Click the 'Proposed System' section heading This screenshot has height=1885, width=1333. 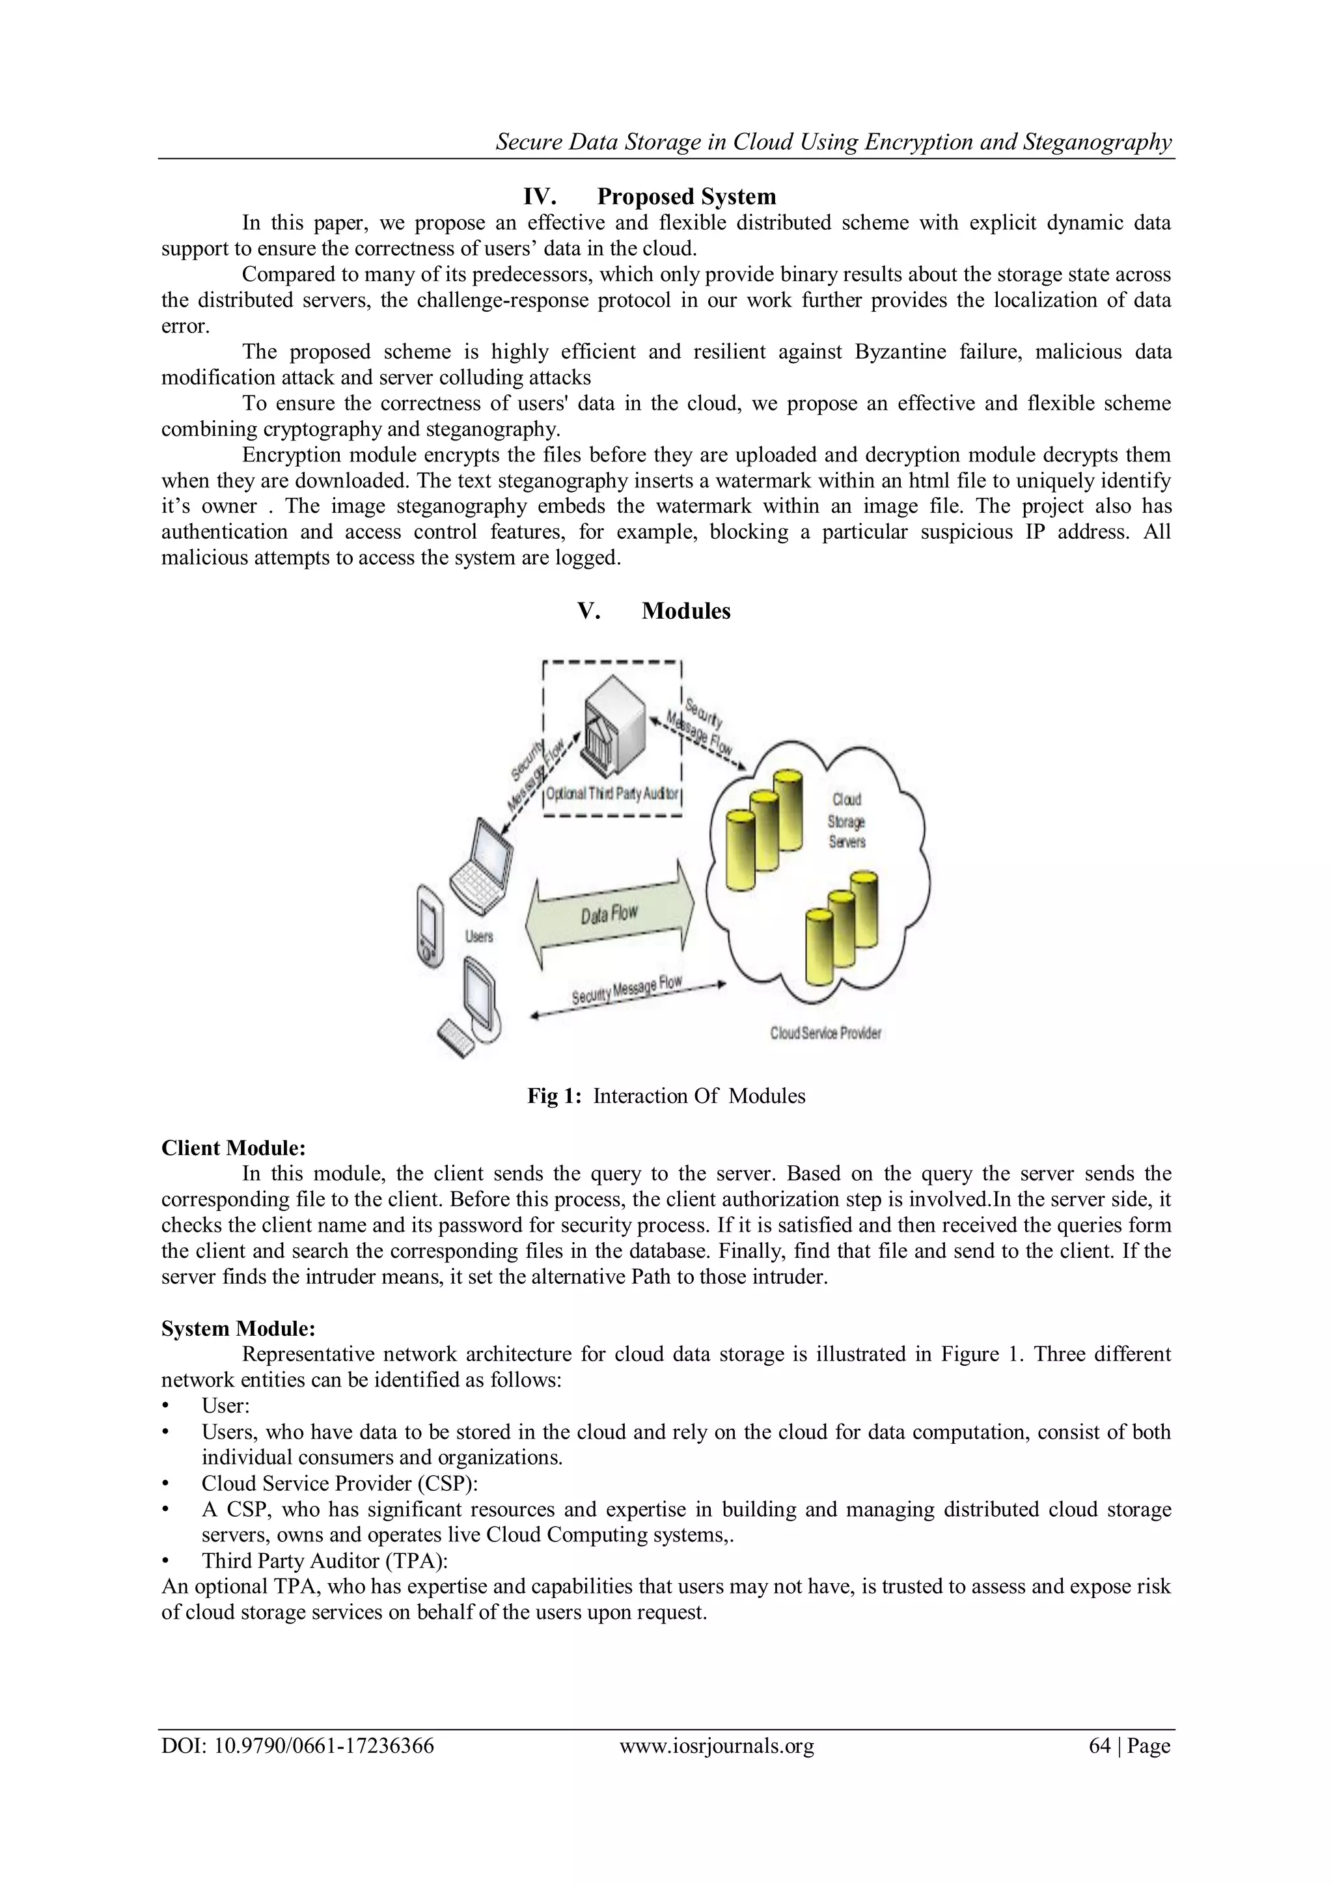(x=686, y=197)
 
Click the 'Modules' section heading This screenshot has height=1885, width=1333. (x=686, y=611)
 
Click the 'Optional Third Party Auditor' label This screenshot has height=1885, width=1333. (x=612, y=794)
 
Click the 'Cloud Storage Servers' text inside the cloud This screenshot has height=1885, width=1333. (x=847, y=820)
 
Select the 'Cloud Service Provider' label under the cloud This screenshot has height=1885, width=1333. (x=825, y=1033)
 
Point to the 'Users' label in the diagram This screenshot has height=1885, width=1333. (x=479, y=936)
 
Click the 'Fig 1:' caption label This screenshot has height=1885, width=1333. (x=555, y=1096)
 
